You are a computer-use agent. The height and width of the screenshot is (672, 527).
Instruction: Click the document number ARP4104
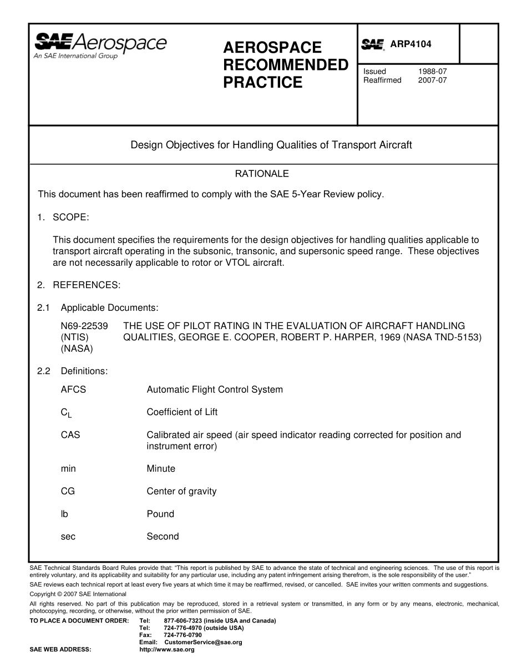(x=411, y=44)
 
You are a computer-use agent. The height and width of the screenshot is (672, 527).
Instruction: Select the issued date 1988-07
(x=432, y=72)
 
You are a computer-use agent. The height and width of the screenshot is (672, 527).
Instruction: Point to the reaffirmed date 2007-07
(x=432, y=80)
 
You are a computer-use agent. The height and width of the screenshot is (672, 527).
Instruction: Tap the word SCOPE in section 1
(x=70, y=217)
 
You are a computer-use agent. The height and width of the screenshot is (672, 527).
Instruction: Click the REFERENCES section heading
(x=86, y=285)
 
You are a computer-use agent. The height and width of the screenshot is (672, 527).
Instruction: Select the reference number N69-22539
(x=84, y=326)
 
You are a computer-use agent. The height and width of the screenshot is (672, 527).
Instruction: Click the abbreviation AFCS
(x=73, y=390)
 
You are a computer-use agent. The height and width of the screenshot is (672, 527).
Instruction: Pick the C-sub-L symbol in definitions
(x=66, y=413)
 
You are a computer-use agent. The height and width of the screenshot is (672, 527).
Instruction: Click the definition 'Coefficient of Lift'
(x=182, y=412)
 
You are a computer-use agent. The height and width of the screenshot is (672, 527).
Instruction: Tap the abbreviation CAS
(x=70, y=435)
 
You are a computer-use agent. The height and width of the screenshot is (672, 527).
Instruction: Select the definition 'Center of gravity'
(x=181, y=491)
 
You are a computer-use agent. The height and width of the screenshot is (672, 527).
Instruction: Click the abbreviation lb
(x=64, y=514)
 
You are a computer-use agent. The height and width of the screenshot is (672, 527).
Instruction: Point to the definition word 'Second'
(x=163, y=537)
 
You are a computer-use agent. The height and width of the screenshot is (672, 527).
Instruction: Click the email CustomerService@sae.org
(x=204, y=642)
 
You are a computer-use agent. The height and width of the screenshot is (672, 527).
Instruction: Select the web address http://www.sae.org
(x=166, y=649)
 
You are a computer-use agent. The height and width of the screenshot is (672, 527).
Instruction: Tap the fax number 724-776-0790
(x=183, y=635)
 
